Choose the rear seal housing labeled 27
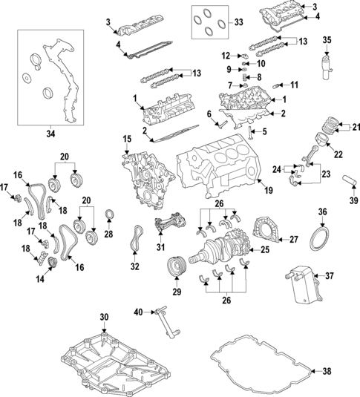[x=264, y=229]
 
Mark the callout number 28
[x=108, y=234]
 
